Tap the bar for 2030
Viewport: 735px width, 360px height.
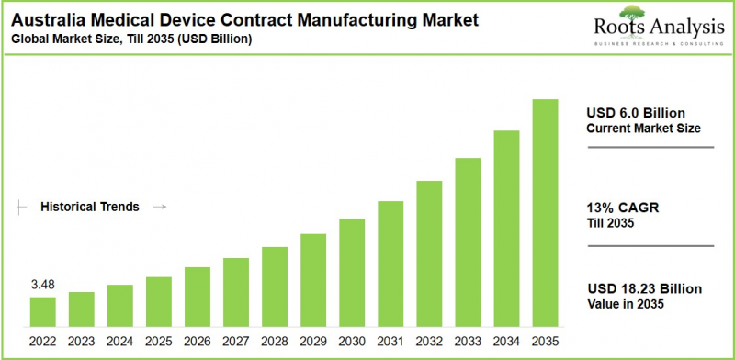point(352,272)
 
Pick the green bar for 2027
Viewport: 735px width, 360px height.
point(236,291)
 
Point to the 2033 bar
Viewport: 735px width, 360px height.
point(468,242)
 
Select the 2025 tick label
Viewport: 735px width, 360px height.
point(158,341)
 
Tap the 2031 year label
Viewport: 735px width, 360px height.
point(390,341)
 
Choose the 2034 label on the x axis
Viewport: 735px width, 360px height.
point(506,341)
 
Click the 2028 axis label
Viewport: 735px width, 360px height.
point(275,341)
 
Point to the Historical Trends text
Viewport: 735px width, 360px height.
point(90,208)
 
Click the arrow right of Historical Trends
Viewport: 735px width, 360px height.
point(158,208)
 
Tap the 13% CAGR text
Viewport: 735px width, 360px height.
point(618,208)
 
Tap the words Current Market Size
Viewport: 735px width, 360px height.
point(643,129)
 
